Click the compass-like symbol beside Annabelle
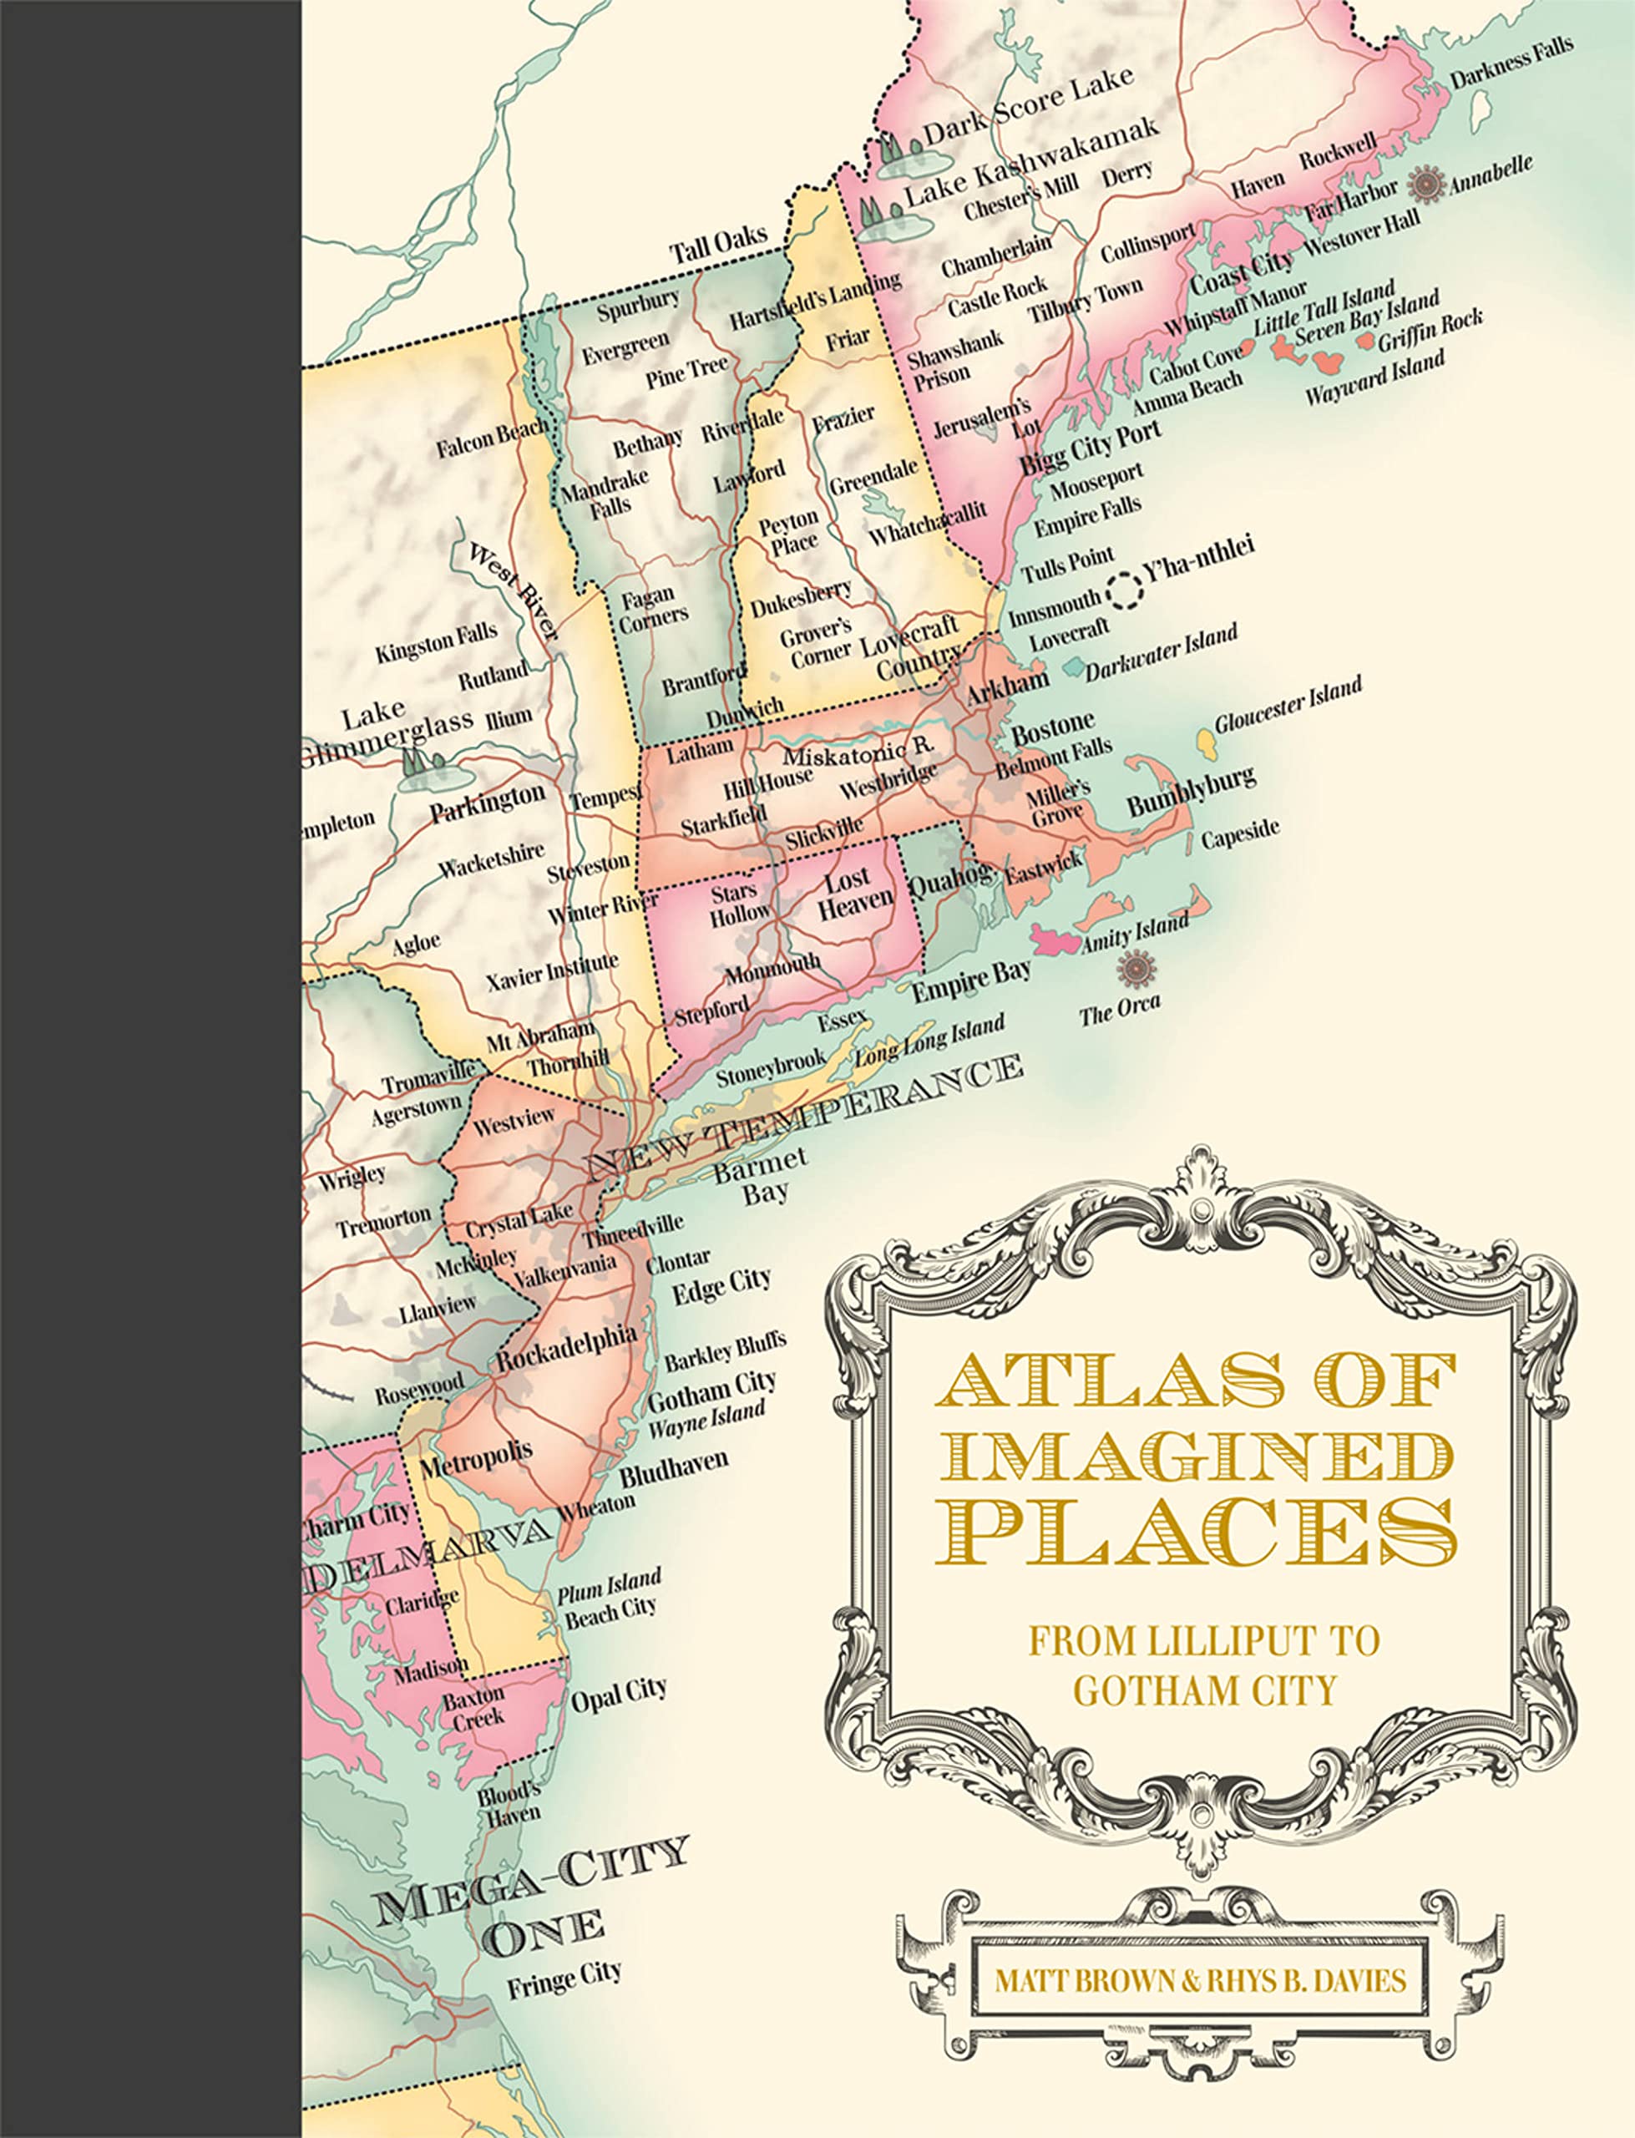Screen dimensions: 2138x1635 (x=1428, y=184)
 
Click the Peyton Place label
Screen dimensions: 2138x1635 (x=789, y=532)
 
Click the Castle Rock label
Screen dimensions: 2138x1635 (x=998, y=296)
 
